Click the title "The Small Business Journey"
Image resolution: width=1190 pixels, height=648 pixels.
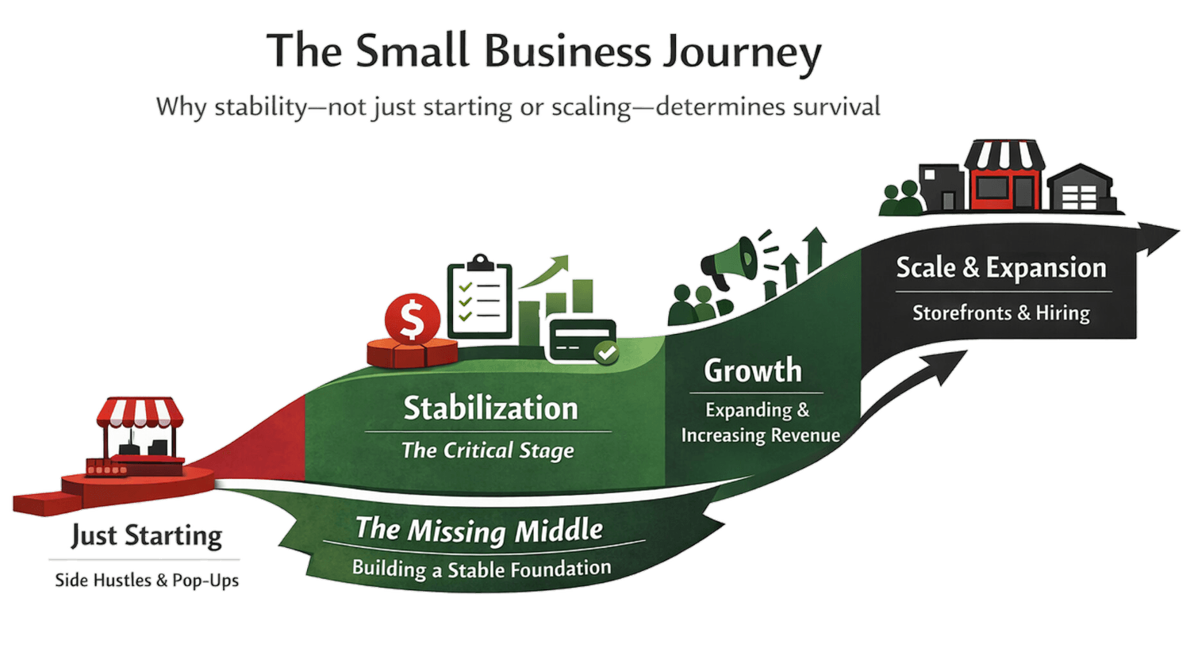[544, 52]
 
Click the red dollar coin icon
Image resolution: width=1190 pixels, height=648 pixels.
[411, 318]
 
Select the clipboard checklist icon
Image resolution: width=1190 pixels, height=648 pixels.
[479, 297]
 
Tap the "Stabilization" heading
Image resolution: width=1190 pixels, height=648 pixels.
[490, 408]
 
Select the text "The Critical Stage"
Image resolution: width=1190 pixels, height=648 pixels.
[487, 451]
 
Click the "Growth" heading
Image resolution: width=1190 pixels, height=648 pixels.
[753, 370]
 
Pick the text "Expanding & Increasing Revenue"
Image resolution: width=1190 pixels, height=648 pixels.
[759, 423]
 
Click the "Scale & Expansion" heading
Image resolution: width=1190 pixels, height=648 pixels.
[1001, 268]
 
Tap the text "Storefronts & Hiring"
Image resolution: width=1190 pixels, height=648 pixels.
[1001, 312]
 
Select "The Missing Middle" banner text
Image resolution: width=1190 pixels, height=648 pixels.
[479, 530]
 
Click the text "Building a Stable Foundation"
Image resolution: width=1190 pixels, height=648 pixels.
[482, 569]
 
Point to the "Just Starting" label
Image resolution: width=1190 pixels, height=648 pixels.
[147, 536]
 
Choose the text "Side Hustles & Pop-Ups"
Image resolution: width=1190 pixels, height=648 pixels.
[147, 580]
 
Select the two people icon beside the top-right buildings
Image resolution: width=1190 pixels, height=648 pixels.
[902, 198]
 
